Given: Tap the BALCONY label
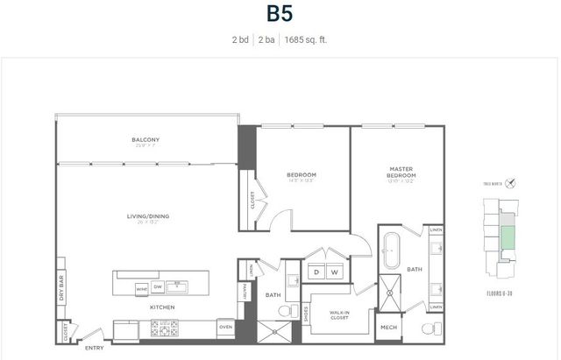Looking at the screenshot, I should coord(145,139).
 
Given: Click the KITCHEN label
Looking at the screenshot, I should coord(161,307).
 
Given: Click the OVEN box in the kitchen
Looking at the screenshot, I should coord(225,328).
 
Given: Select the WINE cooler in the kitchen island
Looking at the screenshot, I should coord(141,287).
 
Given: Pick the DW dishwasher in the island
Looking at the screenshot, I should coord(158,286).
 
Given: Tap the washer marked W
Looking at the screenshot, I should coord(334,272).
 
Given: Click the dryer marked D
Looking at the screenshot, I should coord(316,272).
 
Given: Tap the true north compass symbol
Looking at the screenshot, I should coord(510,183).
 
